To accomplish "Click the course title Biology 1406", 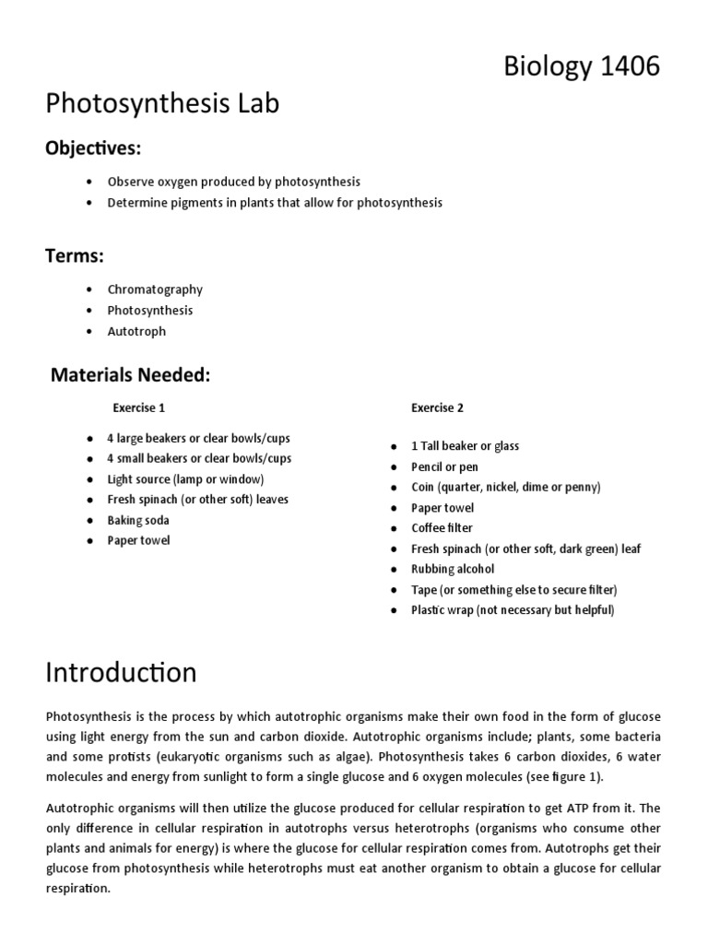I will (581, 66).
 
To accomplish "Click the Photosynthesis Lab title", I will (162, 105).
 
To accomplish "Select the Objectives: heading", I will (93, 148).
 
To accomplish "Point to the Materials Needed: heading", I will (130, 375).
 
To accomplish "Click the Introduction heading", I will (121, 672).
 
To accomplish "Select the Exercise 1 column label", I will (139, 407).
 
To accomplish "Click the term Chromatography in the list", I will (155, 289).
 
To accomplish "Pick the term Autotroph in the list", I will (136, 331).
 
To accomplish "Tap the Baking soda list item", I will (138, 520).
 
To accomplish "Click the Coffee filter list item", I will (442, 528).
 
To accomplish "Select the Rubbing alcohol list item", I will (453, 569).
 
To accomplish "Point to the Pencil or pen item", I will (444, 466).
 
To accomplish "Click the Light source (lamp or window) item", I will (185, 479).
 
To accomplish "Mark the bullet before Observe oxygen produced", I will (88, 182).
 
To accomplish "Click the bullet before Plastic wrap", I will (392, 610).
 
